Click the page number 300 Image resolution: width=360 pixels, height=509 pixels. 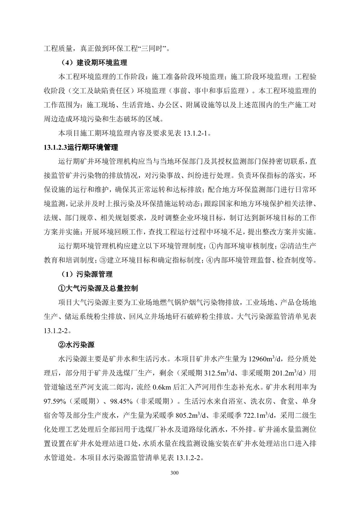pyautogui.click(x=174, y=473)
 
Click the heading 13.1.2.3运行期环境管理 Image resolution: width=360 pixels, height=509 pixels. pyautogui.click(x=81, y=147)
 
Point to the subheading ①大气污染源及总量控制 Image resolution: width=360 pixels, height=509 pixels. pyautogui.click(x=98, y=288)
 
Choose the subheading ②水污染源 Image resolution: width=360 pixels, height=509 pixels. pyautogui.click(x=76, y=345)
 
